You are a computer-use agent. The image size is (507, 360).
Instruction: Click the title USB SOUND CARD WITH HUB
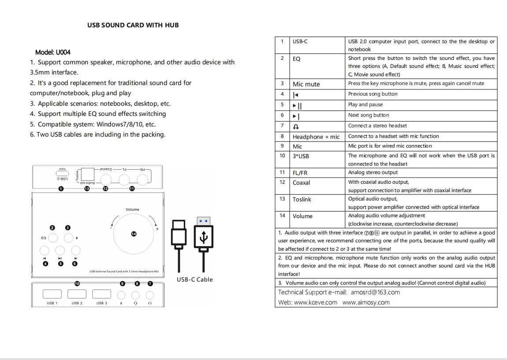tap(133, 25)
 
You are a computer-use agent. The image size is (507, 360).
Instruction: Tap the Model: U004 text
tap(53, 52)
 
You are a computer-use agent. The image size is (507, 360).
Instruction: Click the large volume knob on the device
tap(134, 234)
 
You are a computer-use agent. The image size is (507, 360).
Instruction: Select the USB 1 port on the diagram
tap(52, 294)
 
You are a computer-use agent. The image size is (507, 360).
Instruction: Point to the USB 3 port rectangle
tap(101, 294)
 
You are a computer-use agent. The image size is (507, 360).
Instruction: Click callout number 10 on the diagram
tap(77, 284)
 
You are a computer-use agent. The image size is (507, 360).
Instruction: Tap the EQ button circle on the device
tap(52, 238)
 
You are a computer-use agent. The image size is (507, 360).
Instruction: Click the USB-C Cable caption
tap(194, 279)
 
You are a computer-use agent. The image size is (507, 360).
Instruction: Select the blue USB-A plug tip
tap(203, 221)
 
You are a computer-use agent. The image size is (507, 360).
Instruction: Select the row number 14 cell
tap(282, 215)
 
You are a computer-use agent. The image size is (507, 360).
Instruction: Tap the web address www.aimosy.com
tap(366, 302)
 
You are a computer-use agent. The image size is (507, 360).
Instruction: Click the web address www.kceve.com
tap(315, 302)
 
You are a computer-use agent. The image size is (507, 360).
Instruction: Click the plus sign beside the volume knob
tap(157, 229)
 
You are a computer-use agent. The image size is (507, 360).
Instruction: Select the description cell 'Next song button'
tap(369, 115)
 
